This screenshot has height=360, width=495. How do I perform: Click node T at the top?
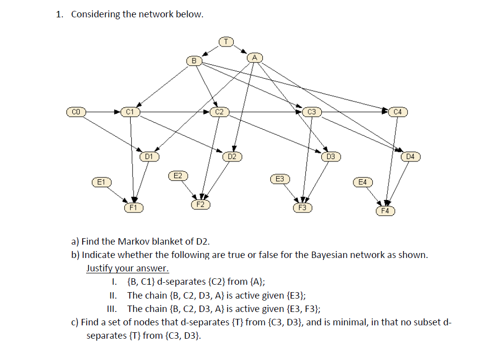coord(225,41)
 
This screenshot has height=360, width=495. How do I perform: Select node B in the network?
coord(194,60)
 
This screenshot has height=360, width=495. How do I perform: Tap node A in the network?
coord(254,57)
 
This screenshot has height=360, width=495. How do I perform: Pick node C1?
coord(130,112)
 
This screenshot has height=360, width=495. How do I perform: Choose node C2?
coord(219,112)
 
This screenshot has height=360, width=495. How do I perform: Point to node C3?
coord(311,112)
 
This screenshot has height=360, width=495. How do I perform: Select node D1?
coord(148,156)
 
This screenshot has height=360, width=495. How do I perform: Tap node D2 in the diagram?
coord(232,157)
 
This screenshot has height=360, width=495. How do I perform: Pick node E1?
coord(101,182)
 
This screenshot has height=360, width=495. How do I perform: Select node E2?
coord(177,175)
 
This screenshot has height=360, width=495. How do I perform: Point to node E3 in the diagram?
coord(280,178)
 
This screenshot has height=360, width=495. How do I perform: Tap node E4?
coord(363,182)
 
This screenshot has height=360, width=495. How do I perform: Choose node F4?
coord(385,211)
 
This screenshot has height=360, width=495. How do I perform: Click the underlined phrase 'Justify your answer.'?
coord(127,269)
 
